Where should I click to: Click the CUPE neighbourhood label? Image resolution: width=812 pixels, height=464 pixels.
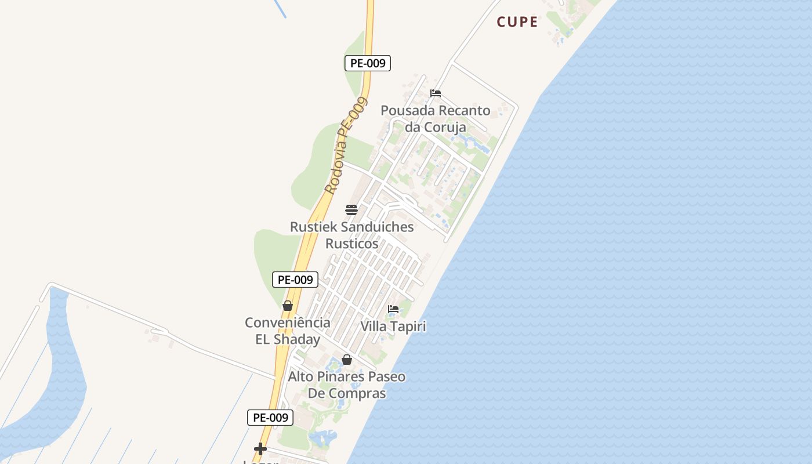(517, 22)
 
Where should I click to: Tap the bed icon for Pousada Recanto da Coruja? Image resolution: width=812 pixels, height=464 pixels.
(436, 93)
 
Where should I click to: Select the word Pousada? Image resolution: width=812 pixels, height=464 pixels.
(407, 110)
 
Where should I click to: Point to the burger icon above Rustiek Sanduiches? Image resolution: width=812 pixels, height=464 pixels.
(351, 210)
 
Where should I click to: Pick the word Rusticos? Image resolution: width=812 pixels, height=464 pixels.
(351, 244)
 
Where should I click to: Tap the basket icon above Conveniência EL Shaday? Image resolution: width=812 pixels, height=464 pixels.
(288, 306)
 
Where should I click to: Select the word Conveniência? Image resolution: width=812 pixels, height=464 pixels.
(288, 322)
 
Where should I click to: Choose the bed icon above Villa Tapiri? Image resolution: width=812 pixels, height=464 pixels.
(393, 309)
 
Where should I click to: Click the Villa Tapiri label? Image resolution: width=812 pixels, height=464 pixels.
(393, 327)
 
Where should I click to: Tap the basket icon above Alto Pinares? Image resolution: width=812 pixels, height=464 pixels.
(347, 360)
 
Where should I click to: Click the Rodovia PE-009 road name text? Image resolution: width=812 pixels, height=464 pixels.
(346, 146)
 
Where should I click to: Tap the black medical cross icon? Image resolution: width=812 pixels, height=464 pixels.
(260, 448)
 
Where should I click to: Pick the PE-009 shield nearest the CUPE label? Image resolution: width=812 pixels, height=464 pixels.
(368, 63)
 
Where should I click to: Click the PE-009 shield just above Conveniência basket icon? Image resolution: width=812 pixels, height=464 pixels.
(295, 280)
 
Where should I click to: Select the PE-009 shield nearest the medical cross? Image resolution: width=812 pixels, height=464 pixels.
(270, 418)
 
